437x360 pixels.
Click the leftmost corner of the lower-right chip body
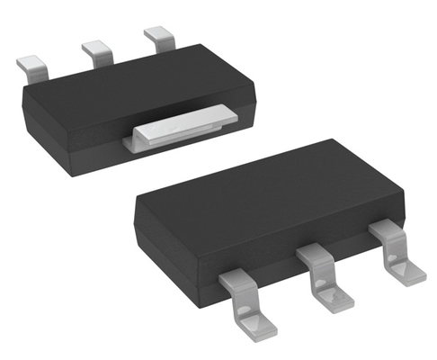(137, 205)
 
